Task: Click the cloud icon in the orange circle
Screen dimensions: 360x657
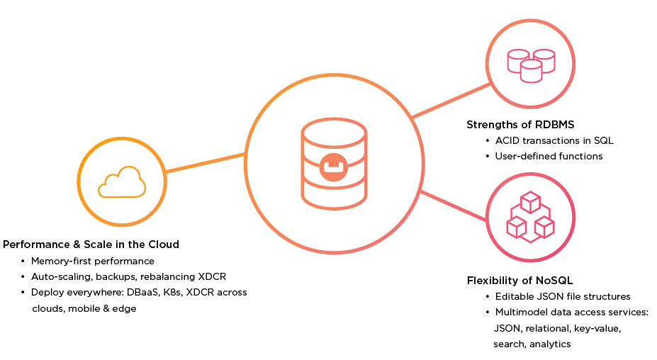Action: tap(122, 181)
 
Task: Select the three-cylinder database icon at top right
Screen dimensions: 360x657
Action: tap(530, 63)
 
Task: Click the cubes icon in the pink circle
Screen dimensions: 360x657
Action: tap(530, 217)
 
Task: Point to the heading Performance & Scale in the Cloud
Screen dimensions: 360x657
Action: tap(91, 244)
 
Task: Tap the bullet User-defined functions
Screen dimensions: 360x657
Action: tap(549, 156)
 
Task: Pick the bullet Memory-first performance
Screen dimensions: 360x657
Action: tap(92, 261)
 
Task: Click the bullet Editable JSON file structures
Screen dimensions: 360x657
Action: tap(562, 296)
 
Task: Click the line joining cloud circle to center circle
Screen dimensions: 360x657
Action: tap(206, 162)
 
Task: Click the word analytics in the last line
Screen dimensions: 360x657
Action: tap(549, 344)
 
